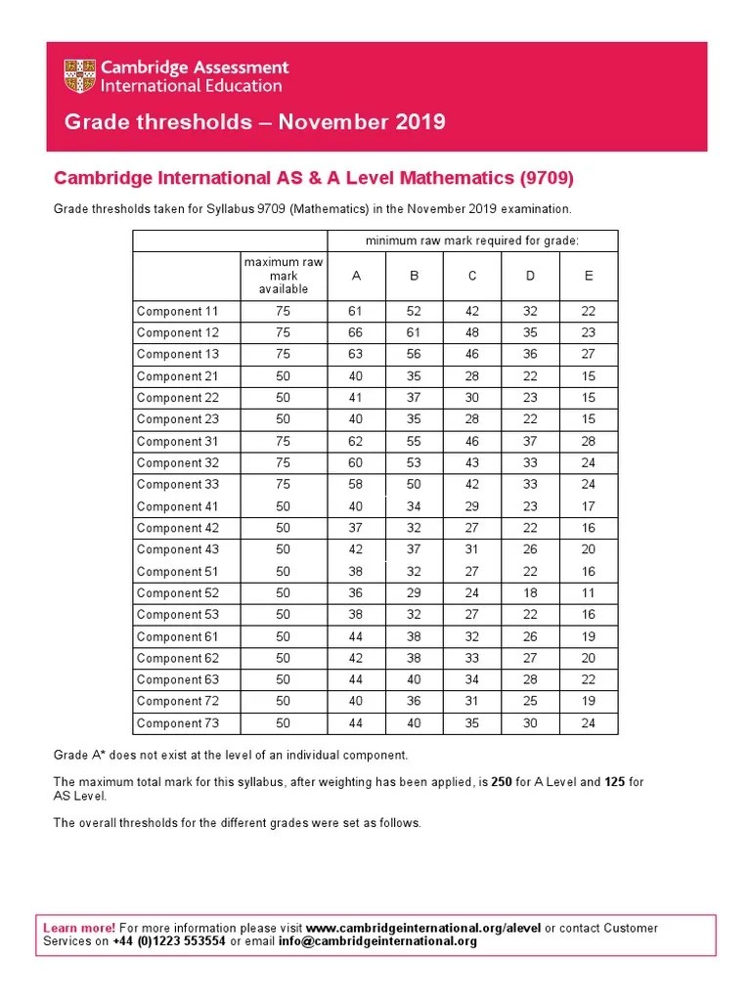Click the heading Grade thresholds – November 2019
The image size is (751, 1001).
254,122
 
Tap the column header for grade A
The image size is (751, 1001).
357,276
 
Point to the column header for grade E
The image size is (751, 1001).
589,276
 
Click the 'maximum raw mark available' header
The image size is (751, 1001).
284,276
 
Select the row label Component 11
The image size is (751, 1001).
177,312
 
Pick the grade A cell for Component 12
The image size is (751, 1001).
357,333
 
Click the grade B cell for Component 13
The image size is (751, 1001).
415,355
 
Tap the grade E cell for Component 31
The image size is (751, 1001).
589,442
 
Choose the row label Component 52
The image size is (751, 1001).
177,593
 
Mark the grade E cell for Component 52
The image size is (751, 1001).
589,593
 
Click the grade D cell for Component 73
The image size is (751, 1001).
530,723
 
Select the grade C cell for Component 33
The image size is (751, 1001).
472,485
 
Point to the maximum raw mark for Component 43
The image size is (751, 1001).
284,550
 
